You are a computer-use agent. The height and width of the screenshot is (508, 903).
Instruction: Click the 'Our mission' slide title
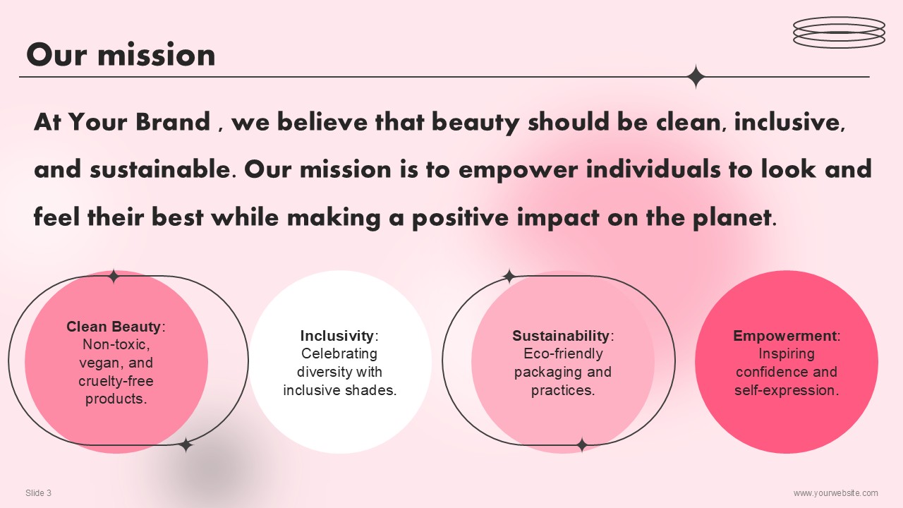[x=121, y=54]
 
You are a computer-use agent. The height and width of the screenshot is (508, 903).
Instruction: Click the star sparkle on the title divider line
[x=696, y=76]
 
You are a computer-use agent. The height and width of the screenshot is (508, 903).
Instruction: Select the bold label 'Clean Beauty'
[x=114, y=327]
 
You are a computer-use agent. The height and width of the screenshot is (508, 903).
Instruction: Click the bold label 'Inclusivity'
[x=337, y=335]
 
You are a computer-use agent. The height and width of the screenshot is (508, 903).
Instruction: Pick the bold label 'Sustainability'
[x=561, y=335]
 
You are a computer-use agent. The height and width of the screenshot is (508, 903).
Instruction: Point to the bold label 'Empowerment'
[x=784, y=335]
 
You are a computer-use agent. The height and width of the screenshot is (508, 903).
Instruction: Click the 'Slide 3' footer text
[x=38, y=492]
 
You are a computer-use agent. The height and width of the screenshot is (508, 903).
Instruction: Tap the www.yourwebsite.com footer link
[x=836, y=493]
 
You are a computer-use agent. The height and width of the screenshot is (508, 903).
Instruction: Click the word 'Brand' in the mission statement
[x=173, y=121]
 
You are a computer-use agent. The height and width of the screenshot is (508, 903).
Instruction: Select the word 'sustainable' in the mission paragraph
[x=160, y=169]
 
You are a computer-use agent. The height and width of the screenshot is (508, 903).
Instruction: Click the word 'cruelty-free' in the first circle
[x=116, y=381]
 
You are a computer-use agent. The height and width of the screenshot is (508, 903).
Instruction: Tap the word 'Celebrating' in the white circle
[x=339, y=353]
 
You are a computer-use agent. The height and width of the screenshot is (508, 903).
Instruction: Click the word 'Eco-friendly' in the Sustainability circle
[x=563, y=353]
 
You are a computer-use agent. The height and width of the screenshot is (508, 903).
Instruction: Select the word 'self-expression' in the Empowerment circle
[x=787, y=390]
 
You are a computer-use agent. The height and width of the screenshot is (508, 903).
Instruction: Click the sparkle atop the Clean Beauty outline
[x=114, y=277]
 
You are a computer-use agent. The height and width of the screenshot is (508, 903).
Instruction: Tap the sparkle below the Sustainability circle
[x=582, y=445]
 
